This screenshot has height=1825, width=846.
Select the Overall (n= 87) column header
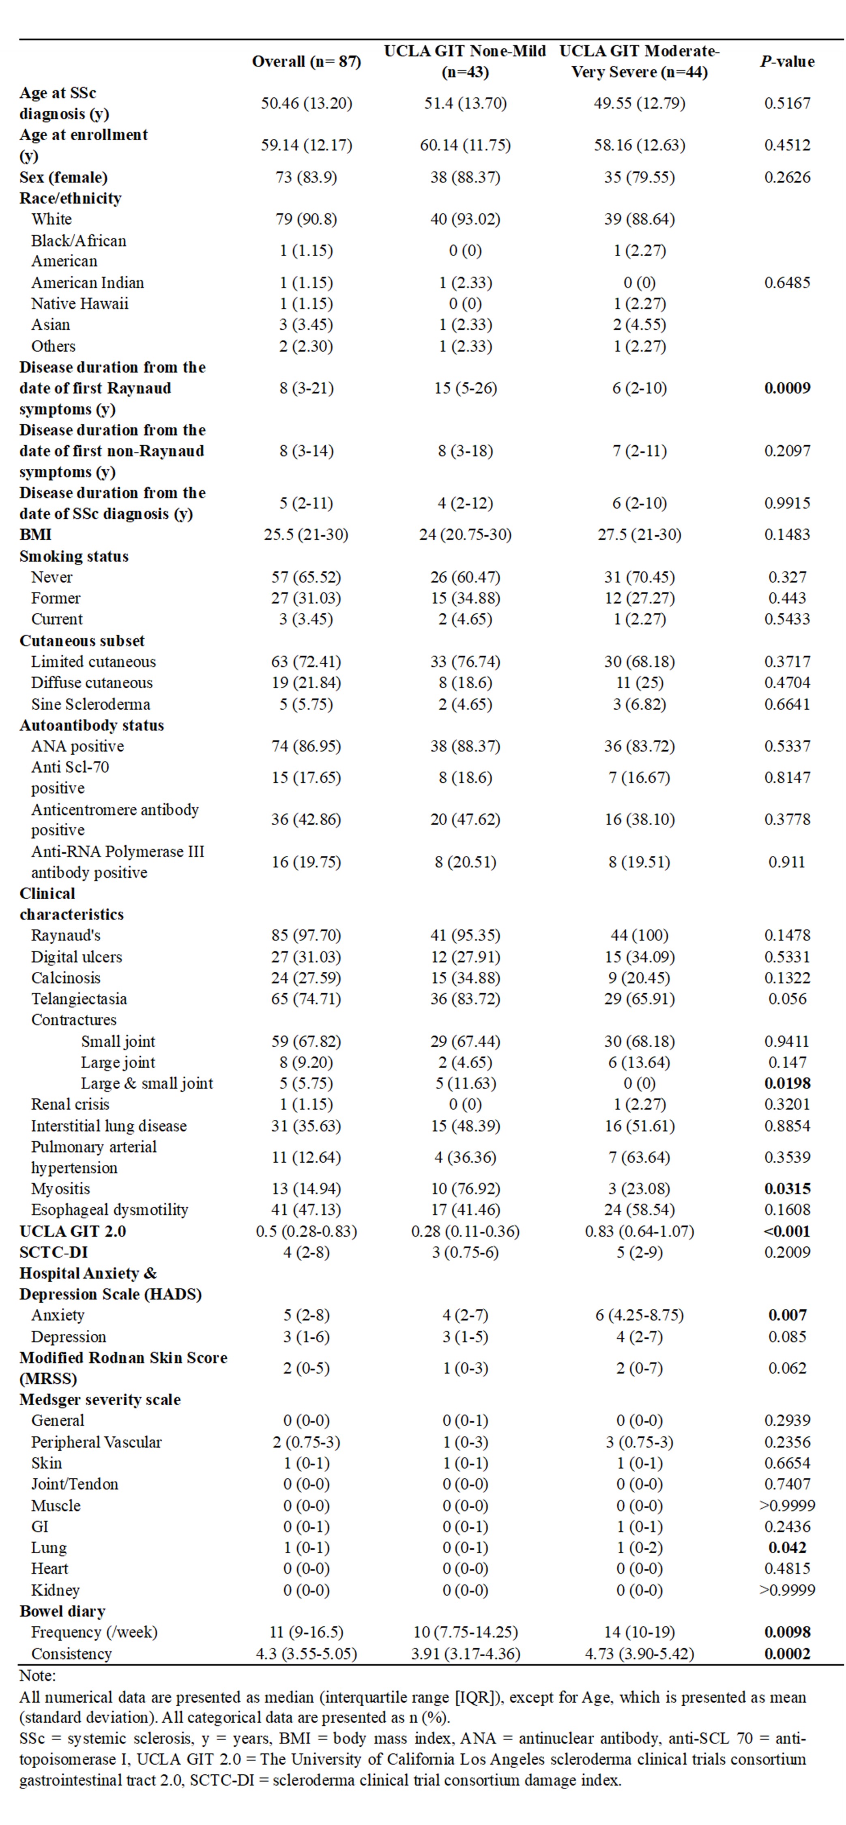coord(306,62)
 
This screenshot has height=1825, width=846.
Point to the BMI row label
coord(35,535)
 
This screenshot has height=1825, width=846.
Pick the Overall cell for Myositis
coord(306,1189)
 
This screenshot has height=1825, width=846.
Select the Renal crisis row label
coord(70,1104)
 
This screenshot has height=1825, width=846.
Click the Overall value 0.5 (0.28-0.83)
coord(306,1231)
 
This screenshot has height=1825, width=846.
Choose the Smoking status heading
coord(74,556)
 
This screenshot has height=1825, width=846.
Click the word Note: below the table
coord(37,1675)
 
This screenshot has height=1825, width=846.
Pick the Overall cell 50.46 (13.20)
coord(306,103)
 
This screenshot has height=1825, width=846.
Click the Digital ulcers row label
coord(77,957)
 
